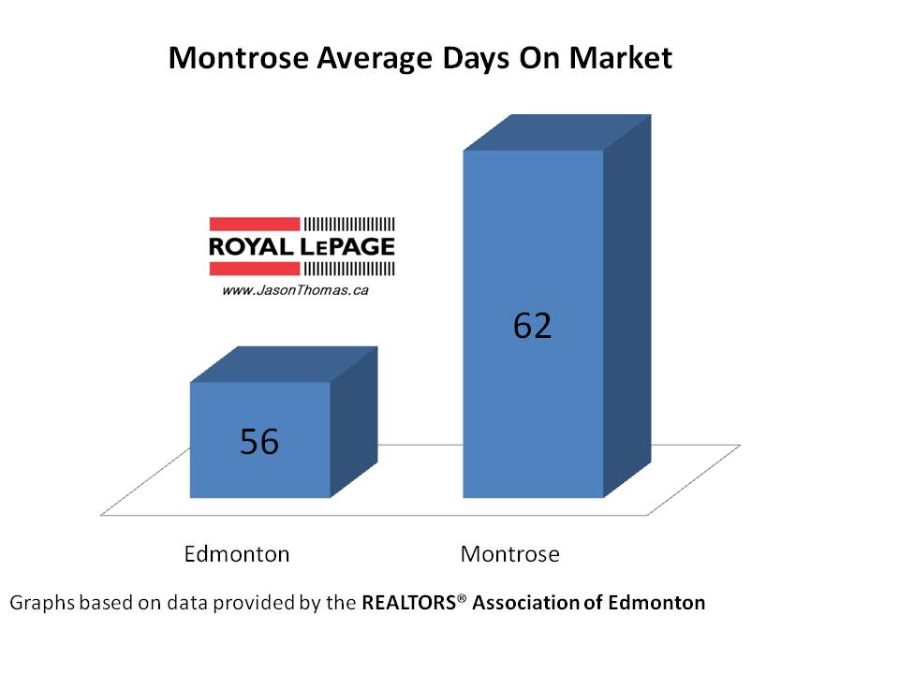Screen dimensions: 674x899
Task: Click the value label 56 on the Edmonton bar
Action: click(259, 441)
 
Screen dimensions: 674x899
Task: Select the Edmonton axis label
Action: click(237, 553)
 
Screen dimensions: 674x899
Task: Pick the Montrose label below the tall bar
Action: click(510, 553)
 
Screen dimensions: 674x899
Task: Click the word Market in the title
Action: click(622, 59)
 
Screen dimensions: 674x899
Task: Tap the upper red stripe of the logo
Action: click(254, 224)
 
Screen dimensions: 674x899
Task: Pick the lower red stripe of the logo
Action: click(254, 270)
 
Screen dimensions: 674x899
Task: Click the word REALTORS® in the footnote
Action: click(413, 603)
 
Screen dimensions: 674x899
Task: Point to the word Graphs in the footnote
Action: click(41, 603)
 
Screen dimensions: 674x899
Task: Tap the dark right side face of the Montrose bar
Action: click(626, 309)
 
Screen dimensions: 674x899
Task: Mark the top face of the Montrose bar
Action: click(557, 132)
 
